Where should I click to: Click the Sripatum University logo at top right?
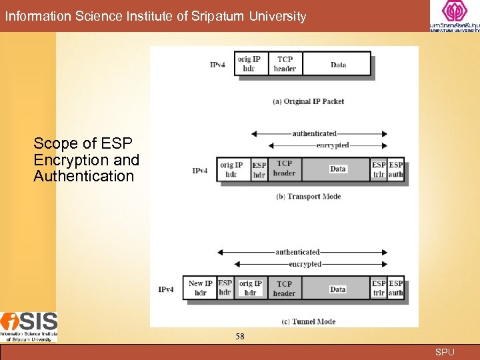pos(454,16)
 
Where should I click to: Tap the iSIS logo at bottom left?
pos(29,327)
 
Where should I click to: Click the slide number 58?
pos(240,337)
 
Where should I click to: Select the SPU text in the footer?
pos(445,352)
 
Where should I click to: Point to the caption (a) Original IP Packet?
pos(309,101)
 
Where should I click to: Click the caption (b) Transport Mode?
pos(308,197)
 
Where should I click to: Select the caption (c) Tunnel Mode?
pos(308,321)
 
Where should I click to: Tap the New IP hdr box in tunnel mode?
pos(200,288)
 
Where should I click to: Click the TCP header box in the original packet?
pos(285,64)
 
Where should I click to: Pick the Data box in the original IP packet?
pos(338,64)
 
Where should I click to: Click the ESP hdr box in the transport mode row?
pos(259,169)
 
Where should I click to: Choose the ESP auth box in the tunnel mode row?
pos(396,288)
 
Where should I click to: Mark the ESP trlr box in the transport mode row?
pos(379,169)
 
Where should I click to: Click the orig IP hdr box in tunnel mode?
pos(251,288)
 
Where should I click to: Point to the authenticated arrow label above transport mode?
pos(315,133)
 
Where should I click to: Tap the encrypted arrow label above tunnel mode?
pos(305,264)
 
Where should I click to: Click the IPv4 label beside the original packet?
pos(217,65)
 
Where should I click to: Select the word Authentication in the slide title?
pos(84,177)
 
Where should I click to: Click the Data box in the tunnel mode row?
pos(338,289)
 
